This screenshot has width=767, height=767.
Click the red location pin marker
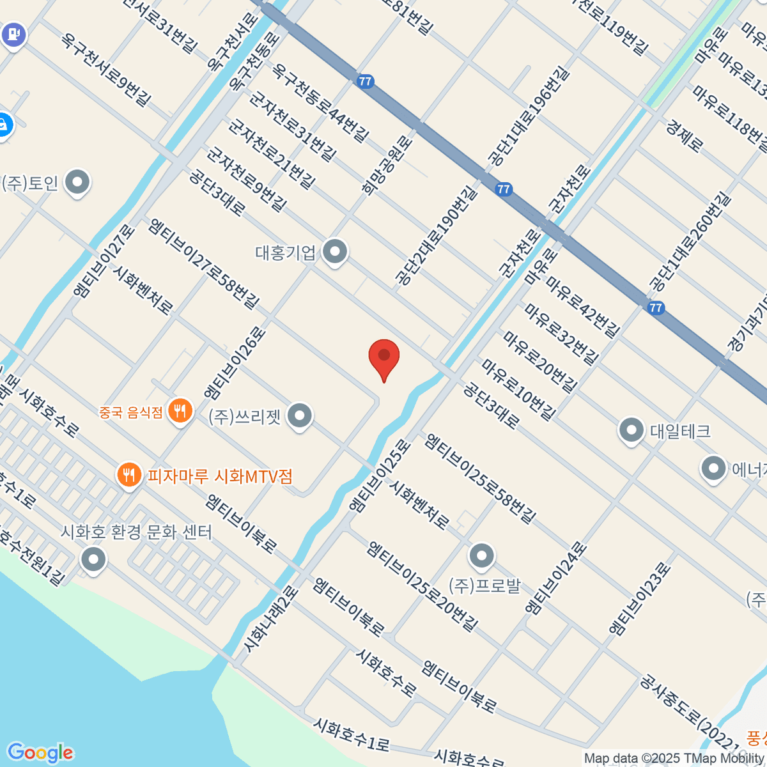coord(384,357)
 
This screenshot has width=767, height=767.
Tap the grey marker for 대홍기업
coord(334,252)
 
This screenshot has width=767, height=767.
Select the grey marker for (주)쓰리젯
coord(299,416)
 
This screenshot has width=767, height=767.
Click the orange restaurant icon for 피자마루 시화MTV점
coord(130,475)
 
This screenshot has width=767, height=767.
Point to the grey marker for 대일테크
coord(631,430)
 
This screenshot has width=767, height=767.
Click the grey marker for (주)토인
coord(78,182)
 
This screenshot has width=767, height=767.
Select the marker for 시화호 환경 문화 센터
coord(94,560)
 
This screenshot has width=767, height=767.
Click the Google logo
coord(40,752)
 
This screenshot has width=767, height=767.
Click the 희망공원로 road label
coord(387,166)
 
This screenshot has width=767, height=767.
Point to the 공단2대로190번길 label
coord(436,235)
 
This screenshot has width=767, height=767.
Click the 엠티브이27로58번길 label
coord(204,263)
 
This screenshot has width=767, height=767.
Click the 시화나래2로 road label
coord(270,620)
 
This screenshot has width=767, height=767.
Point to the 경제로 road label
coord(684,135)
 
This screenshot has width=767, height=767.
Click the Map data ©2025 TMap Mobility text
coord(674,759)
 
